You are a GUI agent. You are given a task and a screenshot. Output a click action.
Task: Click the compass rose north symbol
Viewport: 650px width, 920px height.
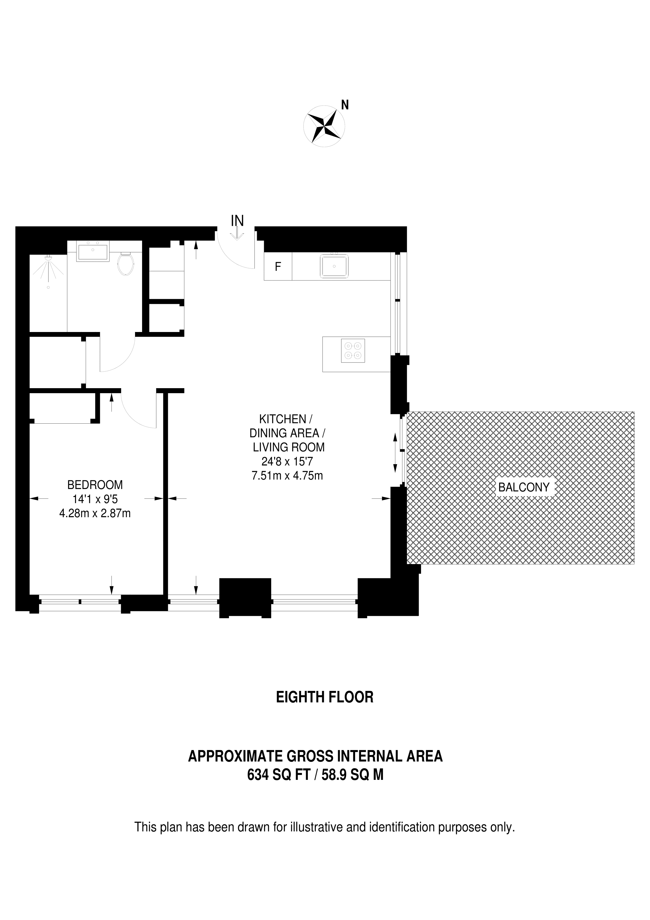coord(324,127)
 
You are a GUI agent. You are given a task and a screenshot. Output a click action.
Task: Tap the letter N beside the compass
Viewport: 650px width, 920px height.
coord(344,105)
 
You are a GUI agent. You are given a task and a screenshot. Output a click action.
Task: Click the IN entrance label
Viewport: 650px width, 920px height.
coord(237,221)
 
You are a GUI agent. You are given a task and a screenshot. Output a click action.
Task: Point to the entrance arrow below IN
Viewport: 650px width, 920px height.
coord(237,234)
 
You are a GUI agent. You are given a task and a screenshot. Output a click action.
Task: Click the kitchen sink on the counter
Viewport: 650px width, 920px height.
coord(334,266)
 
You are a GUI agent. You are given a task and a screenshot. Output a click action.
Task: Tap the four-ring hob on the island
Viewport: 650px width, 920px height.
coord(353,351)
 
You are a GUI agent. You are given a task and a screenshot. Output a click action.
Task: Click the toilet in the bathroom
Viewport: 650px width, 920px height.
coord(126,265)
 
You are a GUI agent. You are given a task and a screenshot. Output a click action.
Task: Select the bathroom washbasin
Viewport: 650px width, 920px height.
coord(93,252)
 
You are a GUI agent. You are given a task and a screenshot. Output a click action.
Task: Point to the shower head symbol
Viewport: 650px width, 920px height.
coord(48,258)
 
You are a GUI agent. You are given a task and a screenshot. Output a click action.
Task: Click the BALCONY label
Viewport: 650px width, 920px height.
coord(524,487)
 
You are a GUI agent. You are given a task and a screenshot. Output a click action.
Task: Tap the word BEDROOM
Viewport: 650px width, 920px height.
coord(95,485)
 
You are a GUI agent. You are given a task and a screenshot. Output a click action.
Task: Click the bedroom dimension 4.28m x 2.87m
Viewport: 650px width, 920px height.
coord(95,513)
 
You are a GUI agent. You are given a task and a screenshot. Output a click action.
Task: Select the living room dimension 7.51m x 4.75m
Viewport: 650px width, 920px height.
coord(287,476)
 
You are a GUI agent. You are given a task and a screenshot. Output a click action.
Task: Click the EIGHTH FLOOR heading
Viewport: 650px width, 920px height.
coord(324,697)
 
